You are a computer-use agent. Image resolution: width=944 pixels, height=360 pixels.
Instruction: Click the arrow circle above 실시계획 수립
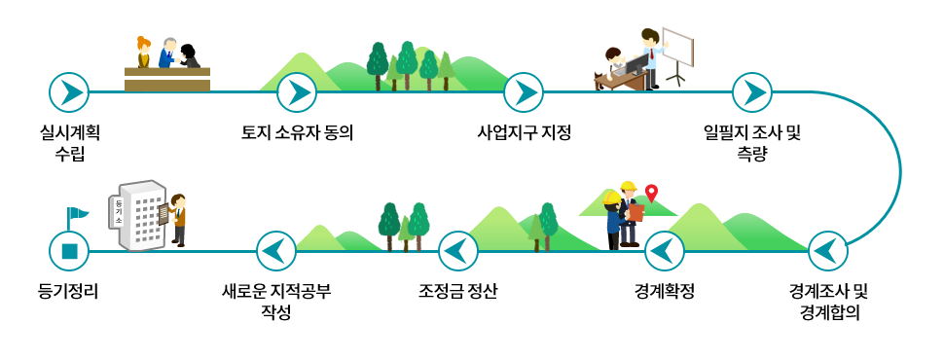point(69,92)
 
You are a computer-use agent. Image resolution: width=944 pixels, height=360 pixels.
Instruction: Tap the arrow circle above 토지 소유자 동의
point(297,92)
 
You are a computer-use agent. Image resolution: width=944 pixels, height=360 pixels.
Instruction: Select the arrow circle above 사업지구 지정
point(524,92)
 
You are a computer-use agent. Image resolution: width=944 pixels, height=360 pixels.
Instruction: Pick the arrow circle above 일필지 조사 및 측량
point(751,92)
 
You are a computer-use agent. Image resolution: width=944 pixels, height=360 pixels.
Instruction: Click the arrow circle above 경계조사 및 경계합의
point(828,251)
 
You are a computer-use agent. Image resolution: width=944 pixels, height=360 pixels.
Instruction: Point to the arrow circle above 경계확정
point(664,251)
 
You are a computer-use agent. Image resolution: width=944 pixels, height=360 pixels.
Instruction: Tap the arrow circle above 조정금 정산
point(457,251)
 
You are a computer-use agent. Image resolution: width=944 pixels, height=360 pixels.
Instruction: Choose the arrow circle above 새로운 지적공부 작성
point(275,251)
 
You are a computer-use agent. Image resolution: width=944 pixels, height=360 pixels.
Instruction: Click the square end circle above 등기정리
point(69,251)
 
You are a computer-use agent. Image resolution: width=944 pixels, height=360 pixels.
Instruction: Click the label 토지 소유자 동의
point(297,132)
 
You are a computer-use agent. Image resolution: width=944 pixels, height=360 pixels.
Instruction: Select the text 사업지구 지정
point(524,132)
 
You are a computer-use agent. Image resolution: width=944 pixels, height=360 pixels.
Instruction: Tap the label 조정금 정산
point(457,291)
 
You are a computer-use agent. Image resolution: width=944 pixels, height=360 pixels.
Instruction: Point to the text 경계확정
point(664,291)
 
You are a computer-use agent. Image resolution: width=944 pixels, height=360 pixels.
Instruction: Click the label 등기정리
point(69,291)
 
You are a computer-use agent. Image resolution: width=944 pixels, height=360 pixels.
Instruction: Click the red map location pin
point(652,193)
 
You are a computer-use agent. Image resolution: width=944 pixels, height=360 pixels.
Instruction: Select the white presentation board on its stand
point(677,50)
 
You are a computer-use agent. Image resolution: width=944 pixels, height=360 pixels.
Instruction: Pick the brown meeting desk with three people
point(167,76)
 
